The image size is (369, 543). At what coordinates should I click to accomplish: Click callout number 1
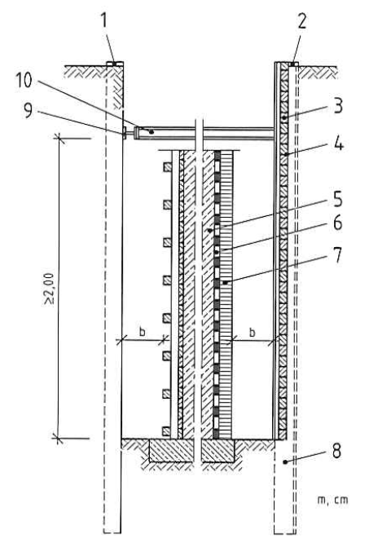tap(104, 22)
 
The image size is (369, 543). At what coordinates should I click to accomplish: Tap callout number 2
tap(301, 21)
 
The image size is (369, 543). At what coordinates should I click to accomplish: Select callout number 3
tap(337, 106)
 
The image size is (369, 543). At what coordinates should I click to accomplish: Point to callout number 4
tap(338, 143)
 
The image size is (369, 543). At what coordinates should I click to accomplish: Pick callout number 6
tap(338, 223)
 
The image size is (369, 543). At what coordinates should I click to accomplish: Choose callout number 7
tap(337, 255)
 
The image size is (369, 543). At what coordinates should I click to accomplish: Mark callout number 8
tap(336, 451)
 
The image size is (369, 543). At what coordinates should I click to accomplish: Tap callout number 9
tap(29, 110)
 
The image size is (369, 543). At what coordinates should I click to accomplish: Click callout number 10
tap(24, 81)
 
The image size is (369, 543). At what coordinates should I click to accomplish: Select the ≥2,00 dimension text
tap(50, 289)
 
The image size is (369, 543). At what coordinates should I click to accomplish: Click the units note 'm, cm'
tap(332, 500)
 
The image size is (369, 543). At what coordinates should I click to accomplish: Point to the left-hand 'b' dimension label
tap(142, 331)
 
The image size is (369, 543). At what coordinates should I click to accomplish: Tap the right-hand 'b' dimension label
tap(253, 332)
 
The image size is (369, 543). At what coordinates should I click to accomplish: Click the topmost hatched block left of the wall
tap(167, 167)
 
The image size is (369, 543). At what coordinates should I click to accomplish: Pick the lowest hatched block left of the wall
tap(167, 431)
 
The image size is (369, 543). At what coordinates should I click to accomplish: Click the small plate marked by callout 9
tap(124, 133)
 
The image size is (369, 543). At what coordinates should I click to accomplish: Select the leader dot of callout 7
tap(225, 283)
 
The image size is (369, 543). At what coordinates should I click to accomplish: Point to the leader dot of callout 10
tap(151, 131)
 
